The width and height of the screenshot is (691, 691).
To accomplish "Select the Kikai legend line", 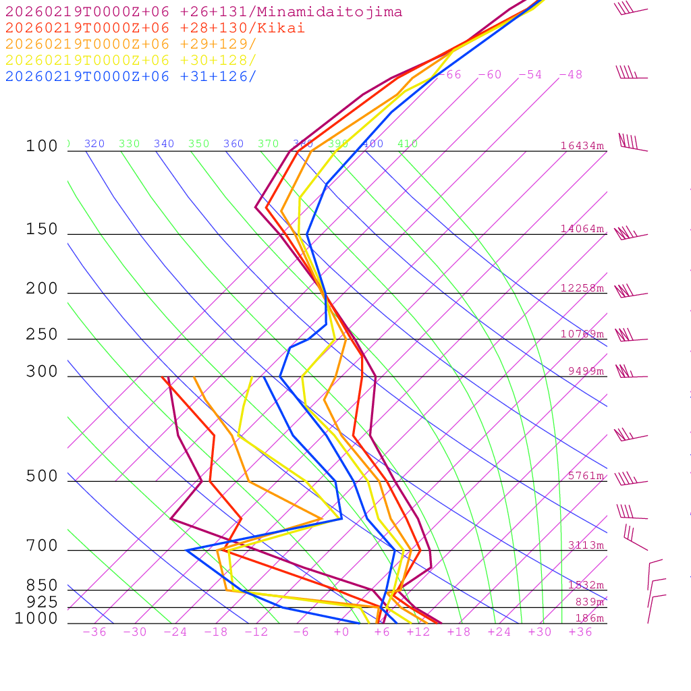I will (155, 28).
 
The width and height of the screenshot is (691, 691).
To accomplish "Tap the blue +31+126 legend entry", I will (131, 76).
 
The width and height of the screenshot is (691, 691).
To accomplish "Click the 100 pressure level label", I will (42, 146).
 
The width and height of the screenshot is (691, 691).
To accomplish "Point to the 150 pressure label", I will (42, 229).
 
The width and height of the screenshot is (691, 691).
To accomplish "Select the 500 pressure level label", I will (42, 476).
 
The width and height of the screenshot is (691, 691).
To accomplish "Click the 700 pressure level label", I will (42, 546).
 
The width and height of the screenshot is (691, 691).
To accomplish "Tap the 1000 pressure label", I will (36, 618).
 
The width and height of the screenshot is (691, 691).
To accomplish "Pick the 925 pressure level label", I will (42, 601).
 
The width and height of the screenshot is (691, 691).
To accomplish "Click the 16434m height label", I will (582, 146).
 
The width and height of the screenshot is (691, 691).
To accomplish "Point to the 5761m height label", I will (586, 476).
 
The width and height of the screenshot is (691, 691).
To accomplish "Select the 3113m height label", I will (586, 545).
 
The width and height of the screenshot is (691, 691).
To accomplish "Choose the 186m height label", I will (589, 618).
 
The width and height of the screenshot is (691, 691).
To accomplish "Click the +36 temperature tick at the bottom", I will (580, 632).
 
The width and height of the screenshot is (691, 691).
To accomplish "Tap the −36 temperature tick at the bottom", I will (94, 632).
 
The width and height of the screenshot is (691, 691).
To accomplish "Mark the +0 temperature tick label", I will (341, 632).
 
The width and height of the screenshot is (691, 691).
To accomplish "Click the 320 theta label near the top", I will (94, 144).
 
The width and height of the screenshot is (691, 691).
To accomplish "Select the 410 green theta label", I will (408, 144).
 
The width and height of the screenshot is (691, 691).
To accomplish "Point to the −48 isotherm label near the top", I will (570, 75).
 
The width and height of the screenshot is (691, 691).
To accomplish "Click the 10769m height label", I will (582, 334).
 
